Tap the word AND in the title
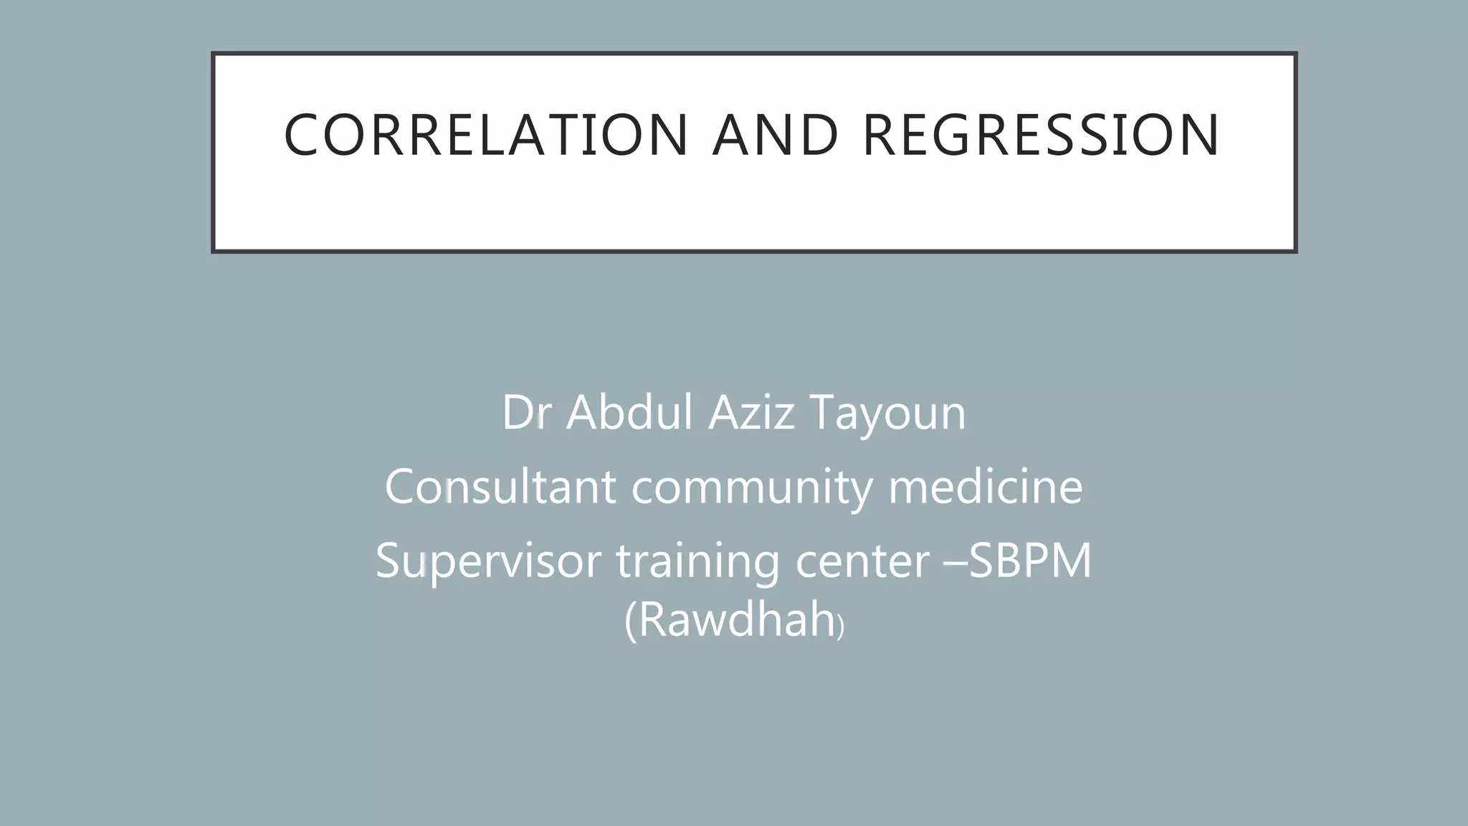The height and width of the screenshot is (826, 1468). pos(776,135)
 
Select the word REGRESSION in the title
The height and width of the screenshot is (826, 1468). pos(1041,135)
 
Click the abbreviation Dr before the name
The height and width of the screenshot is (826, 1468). pos(525,413)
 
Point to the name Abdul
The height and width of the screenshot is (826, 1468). pos(629,413)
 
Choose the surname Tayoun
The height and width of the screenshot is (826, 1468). pos(888,414)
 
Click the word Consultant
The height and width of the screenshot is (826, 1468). pos(500,487)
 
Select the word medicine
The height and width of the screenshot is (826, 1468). pos(986,487)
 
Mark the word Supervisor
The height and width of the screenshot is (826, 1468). pos(488,561)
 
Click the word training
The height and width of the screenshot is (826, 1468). pos(697,561)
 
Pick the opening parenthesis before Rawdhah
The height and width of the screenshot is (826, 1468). pos(630,622)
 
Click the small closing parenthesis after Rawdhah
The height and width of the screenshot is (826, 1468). pos(842,627)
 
